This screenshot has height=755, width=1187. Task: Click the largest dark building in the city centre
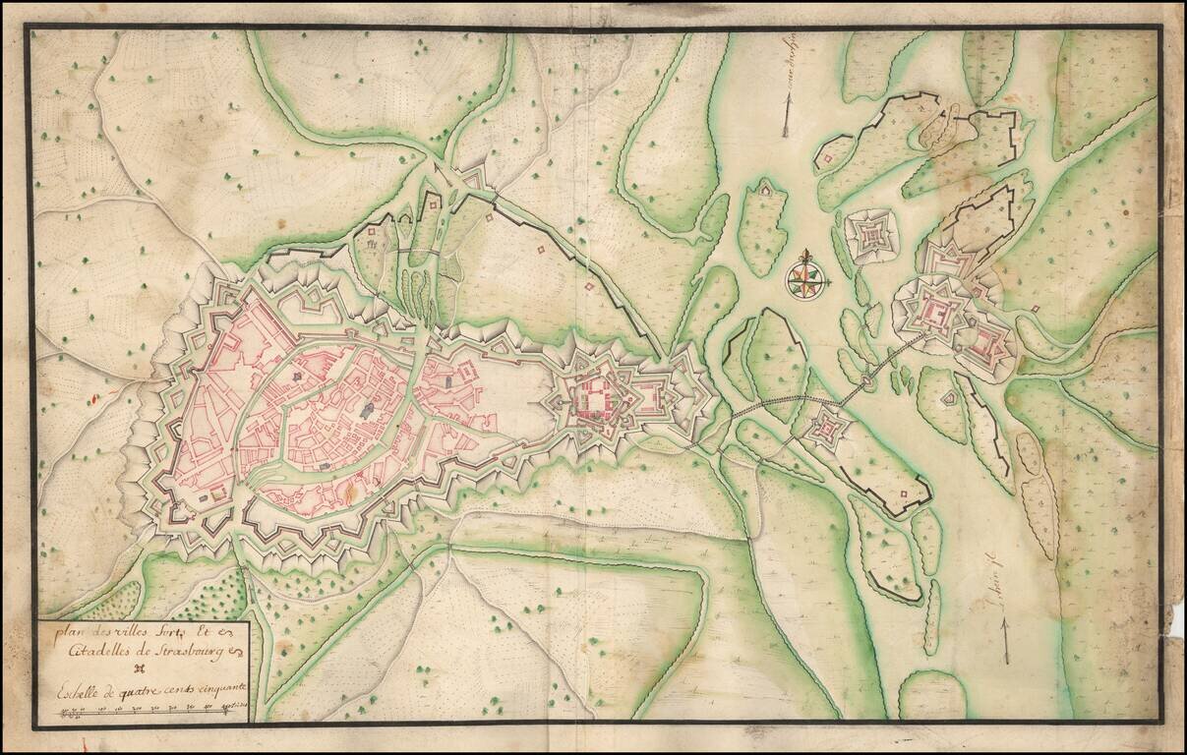coord(368,410)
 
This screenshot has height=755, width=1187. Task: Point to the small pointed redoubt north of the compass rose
coord(765,188)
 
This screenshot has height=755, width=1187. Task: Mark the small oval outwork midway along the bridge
coord(867,378)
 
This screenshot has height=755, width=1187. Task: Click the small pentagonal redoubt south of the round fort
coord(949,398)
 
